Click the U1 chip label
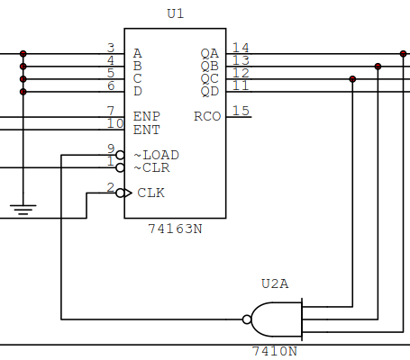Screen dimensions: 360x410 pyautogui.click(x=175, y=14)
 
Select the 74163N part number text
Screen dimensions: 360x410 pyautogui.click(x=175, y=229)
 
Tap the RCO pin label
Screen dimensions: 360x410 pyautogui.click(x=207, y=116)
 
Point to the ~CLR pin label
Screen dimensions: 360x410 pyautogui.click(x=152, y=167)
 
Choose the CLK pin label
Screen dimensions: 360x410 pyautogui.click(x=150, y=193)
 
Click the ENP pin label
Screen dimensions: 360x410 pyautogui.click(x=146, y=116)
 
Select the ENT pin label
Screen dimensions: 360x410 pyautogui.click(x=146, y=130)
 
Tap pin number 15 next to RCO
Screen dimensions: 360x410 pyautogui.click(x=241, y=111)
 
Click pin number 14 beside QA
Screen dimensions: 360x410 pyautogui.click(x=241, y=47)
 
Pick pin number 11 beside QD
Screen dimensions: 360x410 pyautogui.click(x=241, y=85)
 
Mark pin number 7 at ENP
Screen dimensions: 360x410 pyautogui.click(x=110, y=111)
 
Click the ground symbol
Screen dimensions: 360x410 pyautogui.click(x=23, y=211)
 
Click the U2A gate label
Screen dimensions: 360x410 pyautogui.click(x=275, y=283)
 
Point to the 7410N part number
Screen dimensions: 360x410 pyautogui.click(x=275, y=350)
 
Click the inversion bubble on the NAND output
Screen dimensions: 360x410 pyautogui.click(x=247, y=319)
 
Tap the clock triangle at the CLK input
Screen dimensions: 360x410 pyautogui.click(x=129, y=193)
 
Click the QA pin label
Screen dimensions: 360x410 pyautogui.click(x=209, y=53)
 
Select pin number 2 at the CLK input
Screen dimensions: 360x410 pyautogui.click(x=110, y=187)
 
